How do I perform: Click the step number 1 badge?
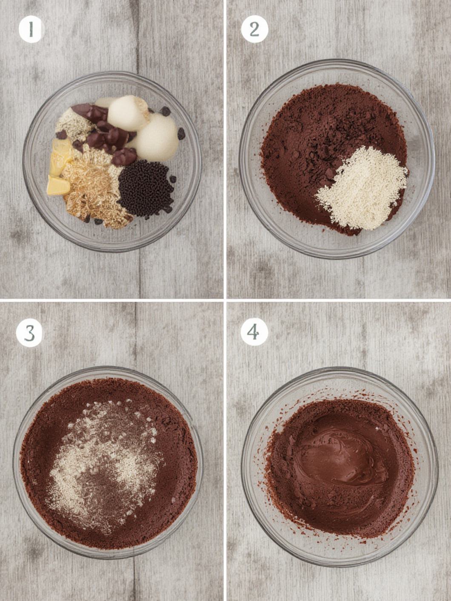coord(31,29)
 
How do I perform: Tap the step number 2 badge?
coord(254,29)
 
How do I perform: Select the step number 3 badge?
coord(29,334)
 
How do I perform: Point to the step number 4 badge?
coord(254,332)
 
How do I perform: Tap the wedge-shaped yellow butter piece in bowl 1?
coord(58,186)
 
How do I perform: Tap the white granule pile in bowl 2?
coord(362,189)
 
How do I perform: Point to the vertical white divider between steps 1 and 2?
coord(225,149)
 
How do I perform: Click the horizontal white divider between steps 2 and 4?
coord(339,300)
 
